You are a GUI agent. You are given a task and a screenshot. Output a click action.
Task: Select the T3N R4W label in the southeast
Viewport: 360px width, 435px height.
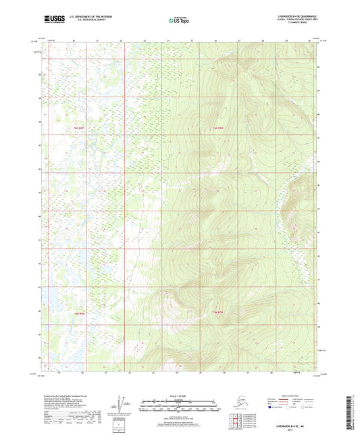pyautogui.click(x=217, y=313)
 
